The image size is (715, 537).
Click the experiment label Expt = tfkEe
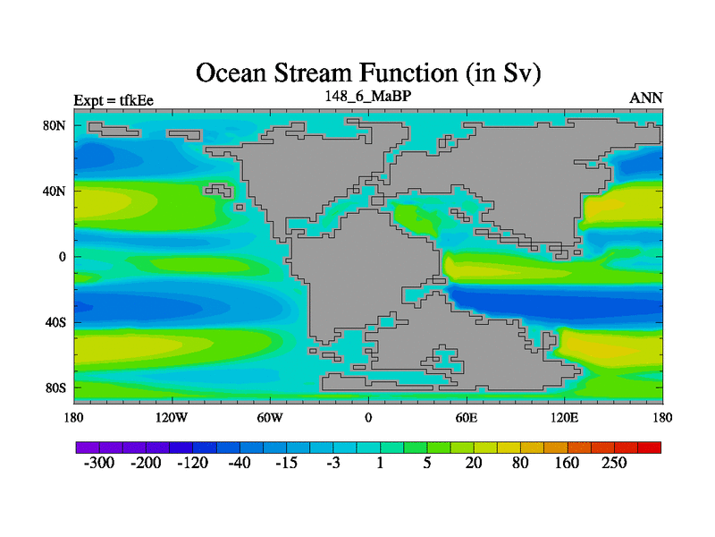(114, 100)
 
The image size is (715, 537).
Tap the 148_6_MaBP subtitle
(368, 96)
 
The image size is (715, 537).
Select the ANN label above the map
(645, 98)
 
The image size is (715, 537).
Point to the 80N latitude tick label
(55, 125)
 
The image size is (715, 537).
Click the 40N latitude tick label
(55, 191)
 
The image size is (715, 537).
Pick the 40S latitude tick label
(55, 322)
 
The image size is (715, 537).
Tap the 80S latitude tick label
(55, 388)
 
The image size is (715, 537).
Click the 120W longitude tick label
(172, 417)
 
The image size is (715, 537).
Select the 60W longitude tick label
(270, 417)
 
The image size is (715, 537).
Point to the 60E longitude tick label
(467, 417)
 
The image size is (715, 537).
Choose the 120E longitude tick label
(565, 417)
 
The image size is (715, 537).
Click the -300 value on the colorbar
(99, 463)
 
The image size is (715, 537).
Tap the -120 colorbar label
(192, 463)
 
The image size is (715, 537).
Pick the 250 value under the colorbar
(614, 463)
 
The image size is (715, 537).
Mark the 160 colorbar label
(567, 463)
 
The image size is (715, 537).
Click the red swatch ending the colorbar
(649, 447)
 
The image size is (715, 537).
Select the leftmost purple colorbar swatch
(88, 447)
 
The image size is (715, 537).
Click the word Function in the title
(408, 73)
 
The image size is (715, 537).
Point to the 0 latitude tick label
(62, 257)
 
